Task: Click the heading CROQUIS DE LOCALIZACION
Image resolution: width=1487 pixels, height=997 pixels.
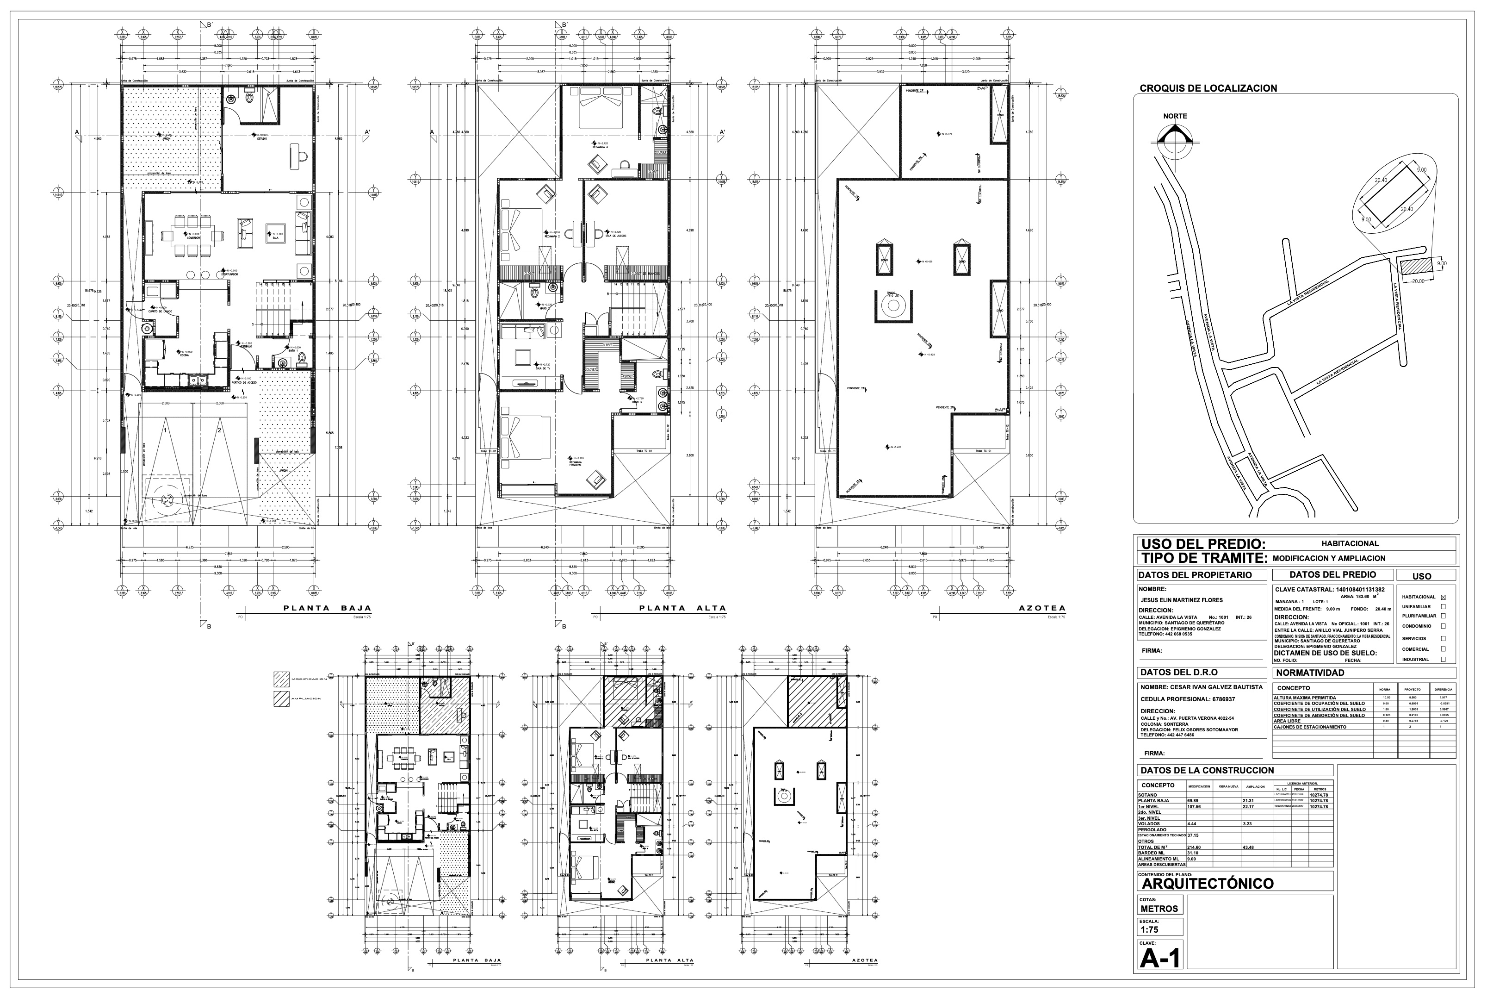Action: click(x=1208, y=88)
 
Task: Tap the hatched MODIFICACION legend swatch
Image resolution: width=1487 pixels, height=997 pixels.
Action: click(x=281, y=679)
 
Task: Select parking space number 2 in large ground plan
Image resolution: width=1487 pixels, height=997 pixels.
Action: click(x=219, y=430)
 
